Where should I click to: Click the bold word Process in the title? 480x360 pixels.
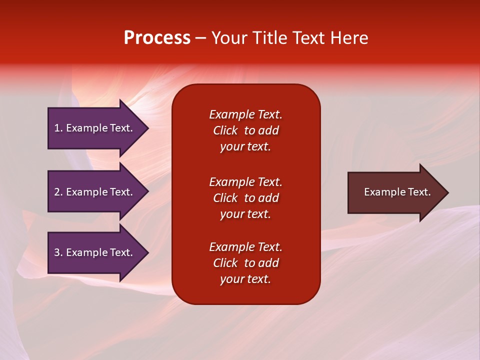click(x=157, y=38)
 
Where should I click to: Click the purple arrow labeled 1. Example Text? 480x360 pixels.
click(x=95, y=128)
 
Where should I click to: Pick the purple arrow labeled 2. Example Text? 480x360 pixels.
click(x=95, y=192)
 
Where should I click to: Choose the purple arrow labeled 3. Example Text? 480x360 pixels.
click(x=95, y=252)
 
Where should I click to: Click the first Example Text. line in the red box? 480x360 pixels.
click(x=245, y=114)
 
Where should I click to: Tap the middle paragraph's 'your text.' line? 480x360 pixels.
click(x=245, y=214)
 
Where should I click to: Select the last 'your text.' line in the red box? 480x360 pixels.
click(x=245, y=279)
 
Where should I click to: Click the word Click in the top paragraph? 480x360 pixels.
click(x=225, y=130)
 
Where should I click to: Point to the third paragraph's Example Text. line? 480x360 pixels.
click(x=245, y=247)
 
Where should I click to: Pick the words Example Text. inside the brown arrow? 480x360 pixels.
click(x=397, y=192)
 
